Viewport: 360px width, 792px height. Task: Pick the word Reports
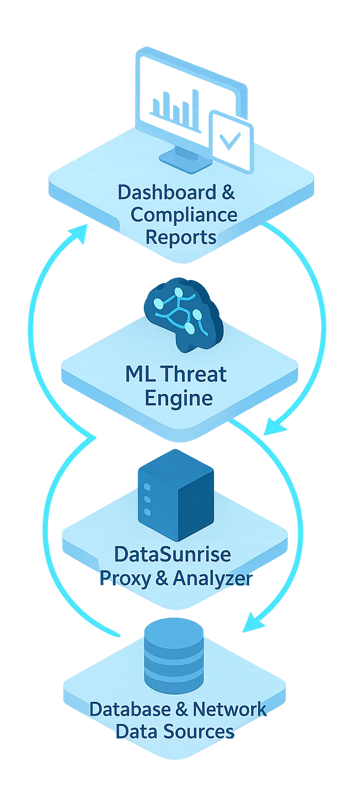181,237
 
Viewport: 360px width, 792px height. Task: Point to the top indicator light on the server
148,486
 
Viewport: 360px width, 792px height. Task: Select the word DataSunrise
172,555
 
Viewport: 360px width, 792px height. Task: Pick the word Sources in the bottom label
201,732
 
